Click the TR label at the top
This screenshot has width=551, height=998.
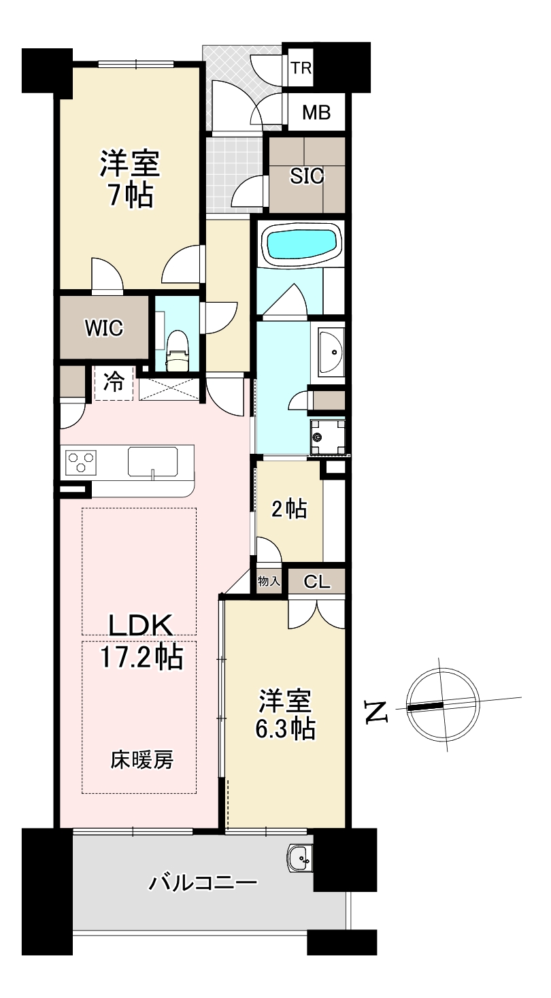tap(301, 68)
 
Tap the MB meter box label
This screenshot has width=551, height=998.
tap(316, 112)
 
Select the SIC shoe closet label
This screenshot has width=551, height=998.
tap(307, 176)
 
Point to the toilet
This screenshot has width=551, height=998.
tap(178, 350)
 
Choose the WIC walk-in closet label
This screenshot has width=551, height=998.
tap(104, 329)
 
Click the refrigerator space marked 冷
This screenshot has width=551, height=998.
tap(114, 382)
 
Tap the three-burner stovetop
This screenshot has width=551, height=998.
tap(81, 461)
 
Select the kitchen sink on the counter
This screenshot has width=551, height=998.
tap(152, 462)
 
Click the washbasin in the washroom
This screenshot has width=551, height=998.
tap(331, 351)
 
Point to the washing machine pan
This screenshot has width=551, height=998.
tap(327, 436)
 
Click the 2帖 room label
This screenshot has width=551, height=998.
tap(289, 509)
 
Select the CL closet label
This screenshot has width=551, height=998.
tap(317, 582)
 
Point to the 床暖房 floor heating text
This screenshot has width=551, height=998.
tap(141, 760)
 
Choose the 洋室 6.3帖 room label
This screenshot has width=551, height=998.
tap(285, 714)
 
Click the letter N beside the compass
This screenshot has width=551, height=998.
tap(376, 712)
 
